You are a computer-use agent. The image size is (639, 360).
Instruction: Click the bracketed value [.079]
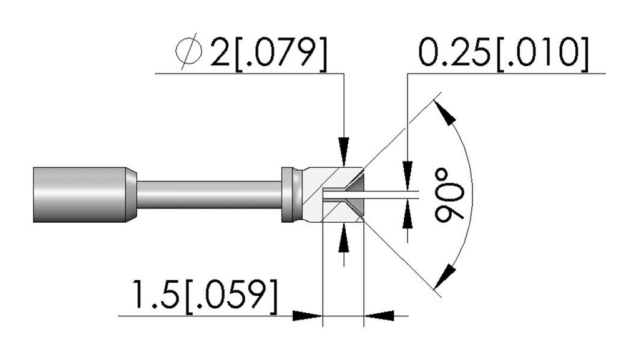click(x=281, y=53)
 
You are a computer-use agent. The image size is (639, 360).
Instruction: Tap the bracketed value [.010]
click(x=543, y=53)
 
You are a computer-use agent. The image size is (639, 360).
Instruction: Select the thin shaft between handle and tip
click(x=209, y=195)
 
